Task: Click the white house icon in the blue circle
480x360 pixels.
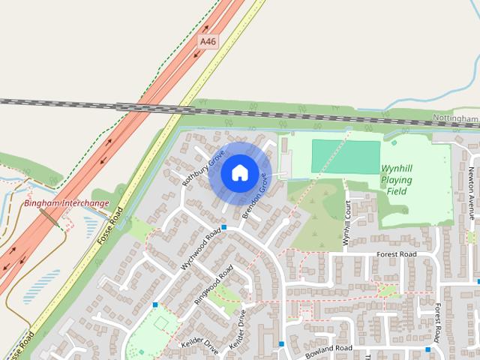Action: pyautogui.click(x=239, y=172)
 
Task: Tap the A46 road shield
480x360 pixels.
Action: pyautogui.click(x=208, y=42)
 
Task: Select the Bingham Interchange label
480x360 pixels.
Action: pyautogui.click(x=67, y=203)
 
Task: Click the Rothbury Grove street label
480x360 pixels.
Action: pyautogui.click(x=203, y=169)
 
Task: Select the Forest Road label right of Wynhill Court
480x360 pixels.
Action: pyautogui.click(x=397, y=254)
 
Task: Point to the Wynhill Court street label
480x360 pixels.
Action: pyautogui.click(x=346, y=223)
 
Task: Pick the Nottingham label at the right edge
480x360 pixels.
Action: pyautogui.click(x=455, y=118)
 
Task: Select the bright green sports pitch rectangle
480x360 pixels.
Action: pyautogui.click(x=346, y=155)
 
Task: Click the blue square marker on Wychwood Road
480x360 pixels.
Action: pyautogui.click(x=224, y=226)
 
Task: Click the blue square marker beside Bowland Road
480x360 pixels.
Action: pyautogui.click(x=281, y=343)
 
